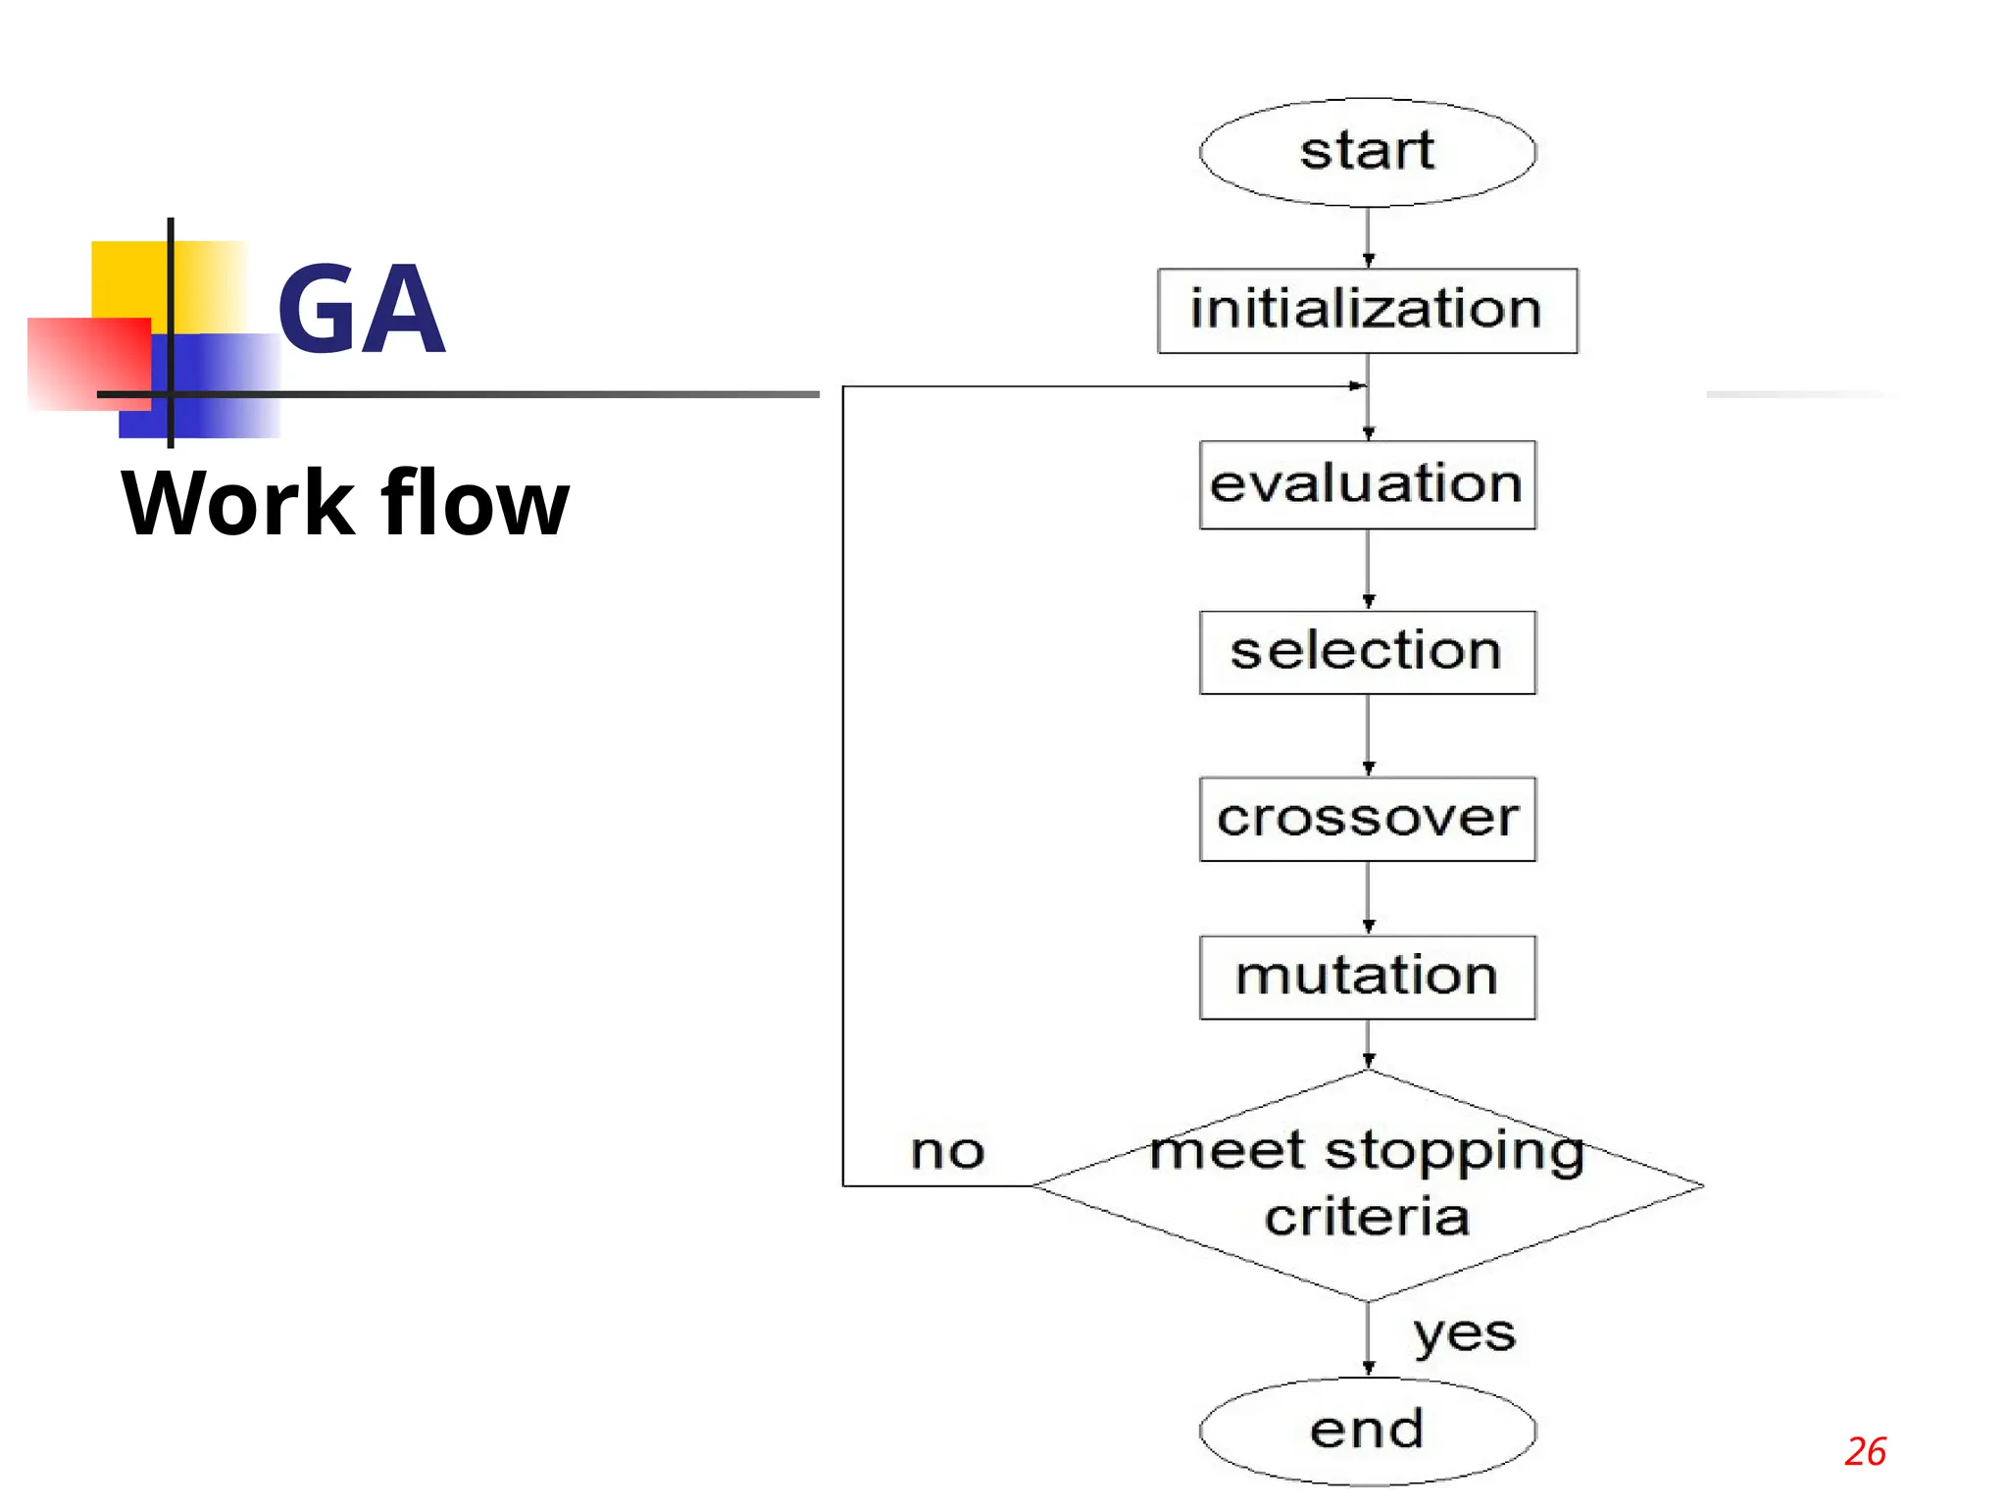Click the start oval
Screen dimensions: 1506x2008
tap(1367, 152)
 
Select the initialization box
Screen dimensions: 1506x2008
tap(1367, 310)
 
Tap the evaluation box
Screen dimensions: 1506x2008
tap(1367, 484)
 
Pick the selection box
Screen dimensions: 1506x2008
tap(1367, 652)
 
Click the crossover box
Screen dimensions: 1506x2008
tap(1367, 819)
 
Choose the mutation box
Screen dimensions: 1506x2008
tap(1367, 977)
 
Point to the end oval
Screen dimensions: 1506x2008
tap(1367, 1430)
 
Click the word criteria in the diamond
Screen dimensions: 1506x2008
tap(1367, 1218)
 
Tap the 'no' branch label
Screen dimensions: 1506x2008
tap(947, 1151)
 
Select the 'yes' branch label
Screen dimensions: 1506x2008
tap(1464, 1334)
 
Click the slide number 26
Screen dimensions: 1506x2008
tap(1865, 1452)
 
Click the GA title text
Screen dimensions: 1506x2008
tap(362, 309)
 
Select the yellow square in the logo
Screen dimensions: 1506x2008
tap(132, 279)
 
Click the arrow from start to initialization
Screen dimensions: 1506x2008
tap(1368, 238)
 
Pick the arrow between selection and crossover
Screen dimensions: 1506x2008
tap(1368, 735)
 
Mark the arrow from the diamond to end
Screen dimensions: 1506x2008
tap(1368, 1339)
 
